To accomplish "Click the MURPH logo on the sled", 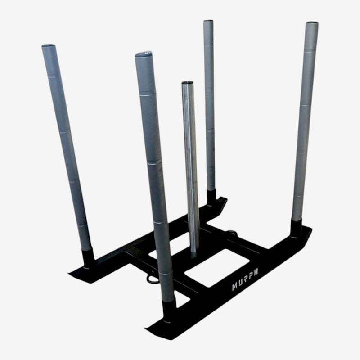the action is [x=245, y=279].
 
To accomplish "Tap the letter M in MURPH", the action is [x=235, y=287].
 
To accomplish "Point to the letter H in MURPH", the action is [x=255, y=272].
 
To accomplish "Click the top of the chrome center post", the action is [x=187, y=83].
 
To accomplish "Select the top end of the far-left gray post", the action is [x=49, y=46].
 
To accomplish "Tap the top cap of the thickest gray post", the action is [x=143, y=54].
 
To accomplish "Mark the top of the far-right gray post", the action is [x=312, y=23].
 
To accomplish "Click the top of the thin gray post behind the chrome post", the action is [x=208, y=21].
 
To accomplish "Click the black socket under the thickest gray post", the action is [x=169, y=310].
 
